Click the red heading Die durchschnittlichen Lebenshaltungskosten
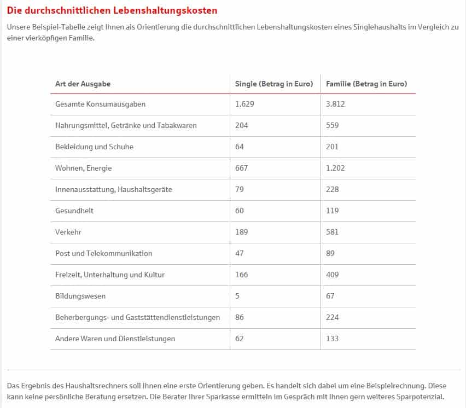coord(112,10)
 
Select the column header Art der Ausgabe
coord(83,84)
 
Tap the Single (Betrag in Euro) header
coord(274,84)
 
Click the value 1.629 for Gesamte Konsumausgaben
coord(245,104)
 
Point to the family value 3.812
coord(335,104)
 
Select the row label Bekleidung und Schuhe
coord(94,147)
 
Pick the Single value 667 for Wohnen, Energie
coord(241,168)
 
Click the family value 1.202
coord(335,168)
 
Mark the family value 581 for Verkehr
coord(332,232)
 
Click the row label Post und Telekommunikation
coord(103,253)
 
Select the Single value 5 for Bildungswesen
coord(237,296)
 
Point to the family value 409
coord(332,275)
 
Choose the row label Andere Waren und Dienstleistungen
coord(115,339)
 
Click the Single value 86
coord(239,317)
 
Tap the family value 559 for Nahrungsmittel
coord(332,125)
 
